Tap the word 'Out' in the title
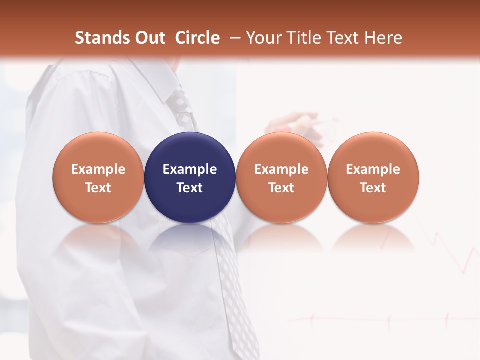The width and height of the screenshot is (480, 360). pos(149,38)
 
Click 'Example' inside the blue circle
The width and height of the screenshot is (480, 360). pos(190,169)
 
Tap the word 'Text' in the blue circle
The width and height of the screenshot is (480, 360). pos(190,188)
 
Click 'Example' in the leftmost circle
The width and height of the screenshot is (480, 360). pos(98,169)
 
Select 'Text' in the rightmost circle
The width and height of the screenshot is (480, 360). pos(373,188)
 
